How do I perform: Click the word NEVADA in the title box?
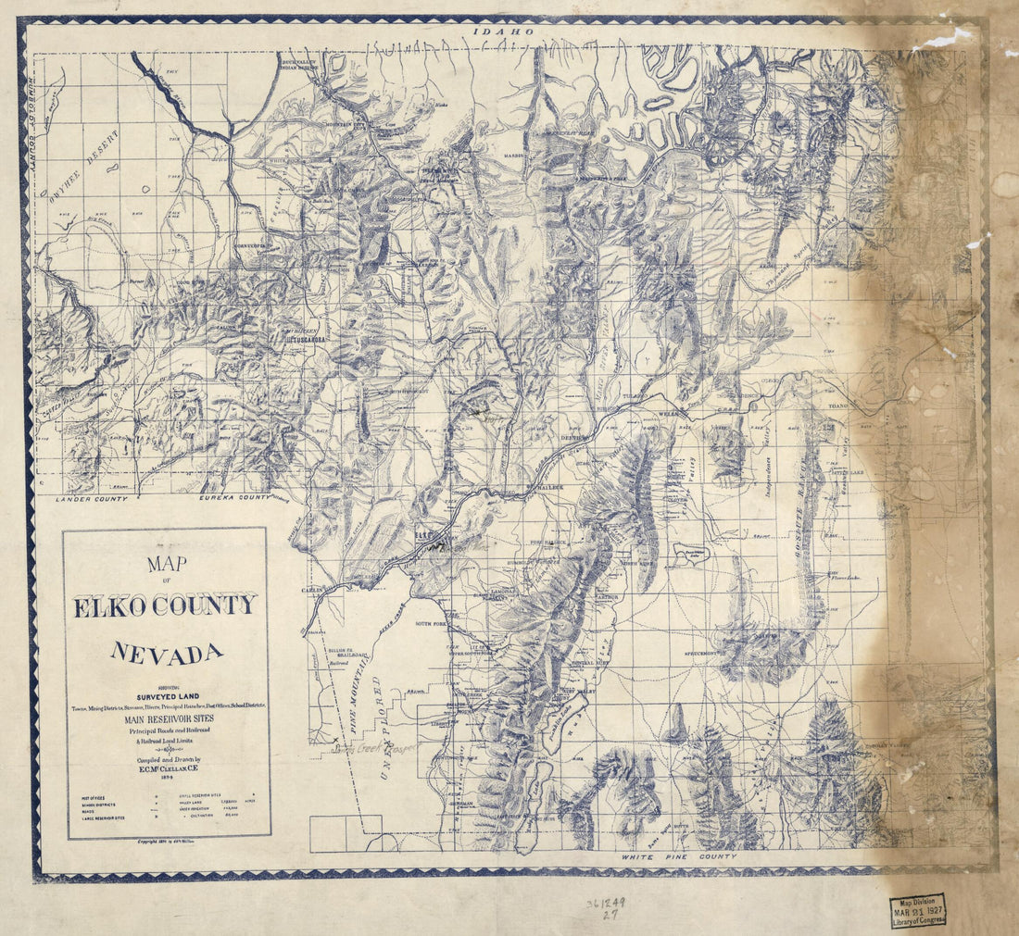coord(167,653)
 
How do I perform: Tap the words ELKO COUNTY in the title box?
coord(166,606)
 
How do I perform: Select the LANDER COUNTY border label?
coord(91,499)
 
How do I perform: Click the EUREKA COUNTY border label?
coord(235,498)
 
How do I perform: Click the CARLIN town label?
coord(312,589)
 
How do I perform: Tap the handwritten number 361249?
coord(608,903)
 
